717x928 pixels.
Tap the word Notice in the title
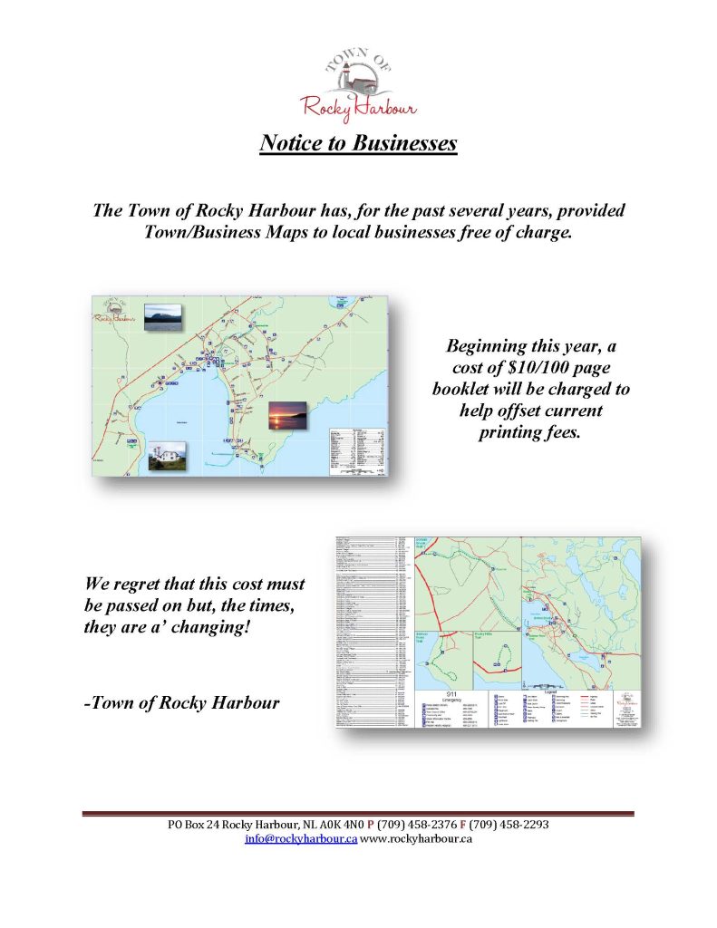293,143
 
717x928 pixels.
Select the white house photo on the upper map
167,456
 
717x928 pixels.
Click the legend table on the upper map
355,449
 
